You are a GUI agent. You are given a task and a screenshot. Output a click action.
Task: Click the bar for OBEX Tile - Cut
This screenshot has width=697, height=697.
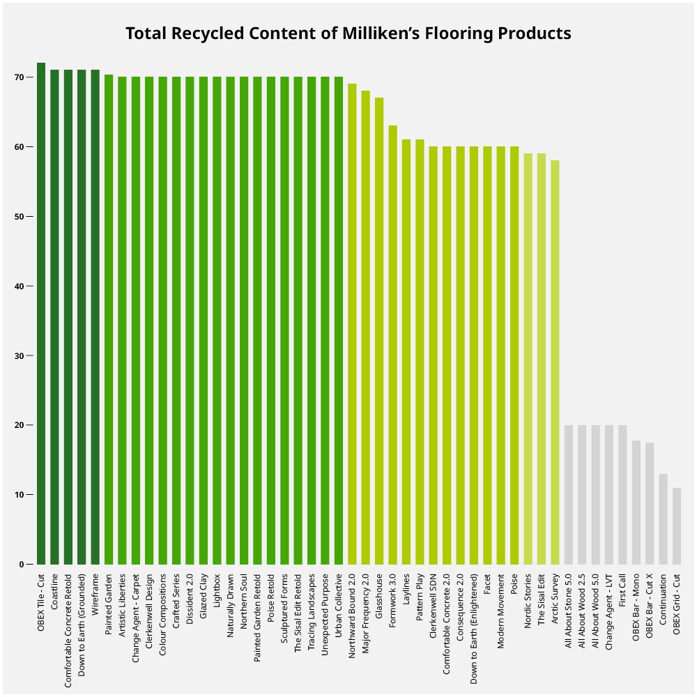coord(41,314)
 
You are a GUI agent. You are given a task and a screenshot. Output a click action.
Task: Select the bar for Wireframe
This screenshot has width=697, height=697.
coord(95,317)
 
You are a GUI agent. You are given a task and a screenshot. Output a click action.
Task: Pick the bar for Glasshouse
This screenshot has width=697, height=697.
coord(379,331)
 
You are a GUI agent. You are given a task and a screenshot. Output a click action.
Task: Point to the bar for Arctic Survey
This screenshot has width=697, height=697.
coord(555,362)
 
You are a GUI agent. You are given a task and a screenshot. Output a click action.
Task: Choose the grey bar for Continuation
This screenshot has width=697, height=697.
coord(663,519)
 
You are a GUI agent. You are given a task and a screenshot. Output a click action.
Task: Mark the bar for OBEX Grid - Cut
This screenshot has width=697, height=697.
coord(677,526)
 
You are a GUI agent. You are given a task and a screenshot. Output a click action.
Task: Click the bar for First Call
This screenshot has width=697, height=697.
coord(622,495)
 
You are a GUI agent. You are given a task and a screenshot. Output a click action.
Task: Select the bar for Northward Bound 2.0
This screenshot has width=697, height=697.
coord(352,324)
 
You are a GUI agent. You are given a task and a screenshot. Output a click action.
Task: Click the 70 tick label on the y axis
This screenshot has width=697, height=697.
coord(25,77)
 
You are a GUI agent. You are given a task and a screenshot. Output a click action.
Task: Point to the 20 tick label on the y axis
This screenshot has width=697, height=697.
coord(25,425)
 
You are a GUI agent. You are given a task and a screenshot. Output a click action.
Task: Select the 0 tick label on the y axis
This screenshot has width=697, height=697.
coord(28,565)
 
